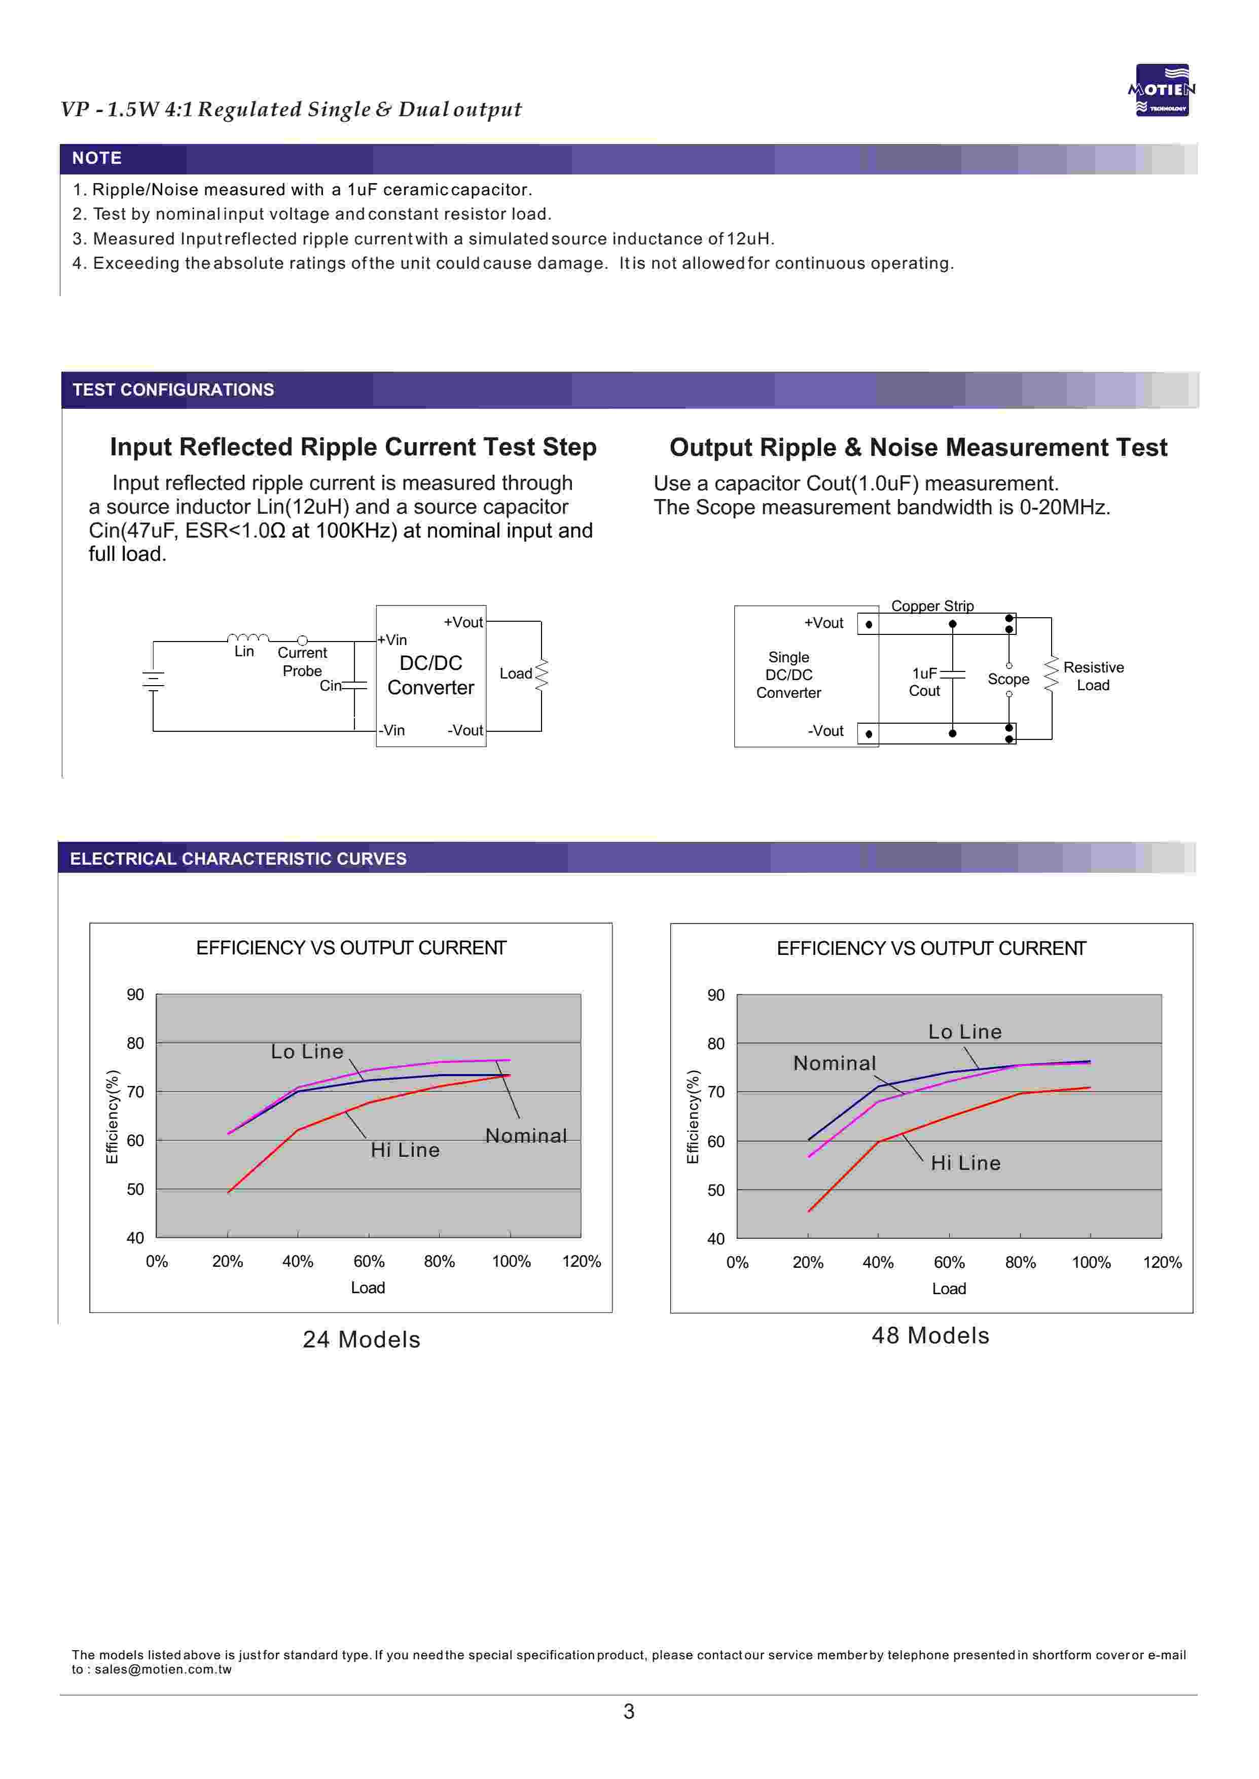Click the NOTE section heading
tap(97, 158)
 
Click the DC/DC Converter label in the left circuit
tap(430, 675)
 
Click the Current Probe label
tap(302, 661)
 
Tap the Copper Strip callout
tap(932, 606)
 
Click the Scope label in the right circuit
tap(1008, 679)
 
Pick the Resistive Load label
tap(1093, 676)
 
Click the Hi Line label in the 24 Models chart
tap(405, 1150)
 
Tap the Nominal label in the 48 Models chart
tap(834, 1063)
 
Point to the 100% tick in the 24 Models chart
tap(511, 1261)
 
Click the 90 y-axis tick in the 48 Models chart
tap(715, 995)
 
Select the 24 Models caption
tap(361, 1339)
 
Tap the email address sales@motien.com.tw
tap(163, 1669)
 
